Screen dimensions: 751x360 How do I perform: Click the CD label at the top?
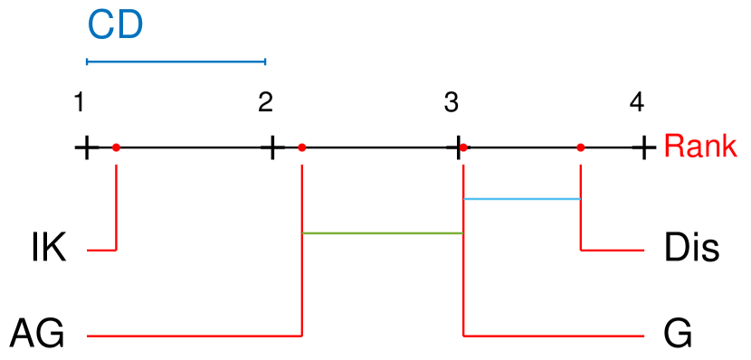(x=115, y=25)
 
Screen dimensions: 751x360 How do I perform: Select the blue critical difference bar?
(x=176, y=62)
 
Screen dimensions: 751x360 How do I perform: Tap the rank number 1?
(x=80, y=102)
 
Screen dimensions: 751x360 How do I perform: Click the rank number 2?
(x=265, y=102)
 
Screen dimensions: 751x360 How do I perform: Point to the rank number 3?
(x=451, y=102)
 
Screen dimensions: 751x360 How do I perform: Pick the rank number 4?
(x=637, y=102)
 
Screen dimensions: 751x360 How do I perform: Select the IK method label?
(x=48, y=249)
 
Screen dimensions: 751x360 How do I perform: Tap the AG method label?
(x=37, y=335)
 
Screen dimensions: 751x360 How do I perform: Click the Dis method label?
(x=691, y=249)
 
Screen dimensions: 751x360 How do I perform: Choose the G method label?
(x=679, y=335)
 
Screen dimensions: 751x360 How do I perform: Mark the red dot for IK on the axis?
(x=117, y=147)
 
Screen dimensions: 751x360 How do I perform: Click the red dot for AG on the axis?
(x=302, y=147)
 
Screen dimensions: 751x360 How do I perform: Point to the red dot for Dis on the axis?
(x=580, y=147)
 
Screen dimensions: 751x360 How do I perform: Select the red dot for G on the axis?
(x=463, y=147)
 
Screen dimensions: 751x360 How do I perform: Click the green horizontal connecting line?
(x=382, y=233)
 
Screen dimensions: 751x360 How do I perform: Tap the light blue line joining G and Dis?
(x=521, y=198)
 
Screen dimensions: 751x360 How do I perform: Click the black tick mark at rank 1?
(x=86, y=147)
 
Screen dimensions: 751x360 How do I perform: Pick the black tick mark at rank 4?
(x=643, y=147)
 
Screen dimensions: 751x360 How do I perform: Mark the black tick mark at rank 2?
(x=271, y=147)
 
